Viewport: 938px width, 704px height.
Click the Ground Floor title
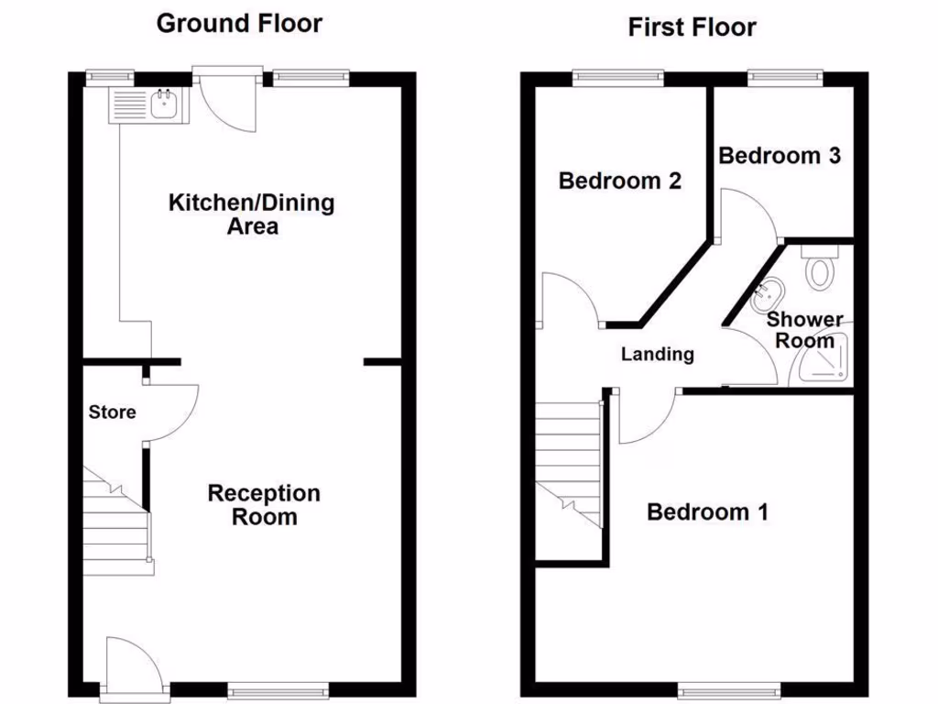(239, 23)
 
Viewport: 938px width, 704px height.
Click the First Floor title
(692, 27)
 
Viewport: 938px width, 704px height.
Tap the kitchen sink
(164, 104)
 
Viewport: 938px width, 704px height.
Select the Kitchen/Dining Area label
(251, 214)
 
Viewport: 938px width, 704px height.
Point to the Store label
(112, 412)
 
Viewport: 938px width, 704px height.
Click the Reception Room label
(264, 505)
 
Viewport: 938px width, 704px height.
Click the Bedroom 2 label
(619, 181)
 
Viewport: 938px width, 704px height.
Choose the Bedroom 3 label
(779, 156)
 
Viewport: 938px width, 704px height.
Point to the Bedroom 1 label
(707, 511)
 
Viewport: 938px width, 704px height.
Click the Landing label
(658, 354)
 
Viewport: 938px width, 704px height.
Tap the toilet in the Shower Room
(820, 269)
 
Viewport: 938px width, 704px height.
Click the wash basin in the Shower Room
(767, 294)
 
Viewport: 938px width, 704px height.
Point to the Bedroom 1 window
(729, 688)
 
